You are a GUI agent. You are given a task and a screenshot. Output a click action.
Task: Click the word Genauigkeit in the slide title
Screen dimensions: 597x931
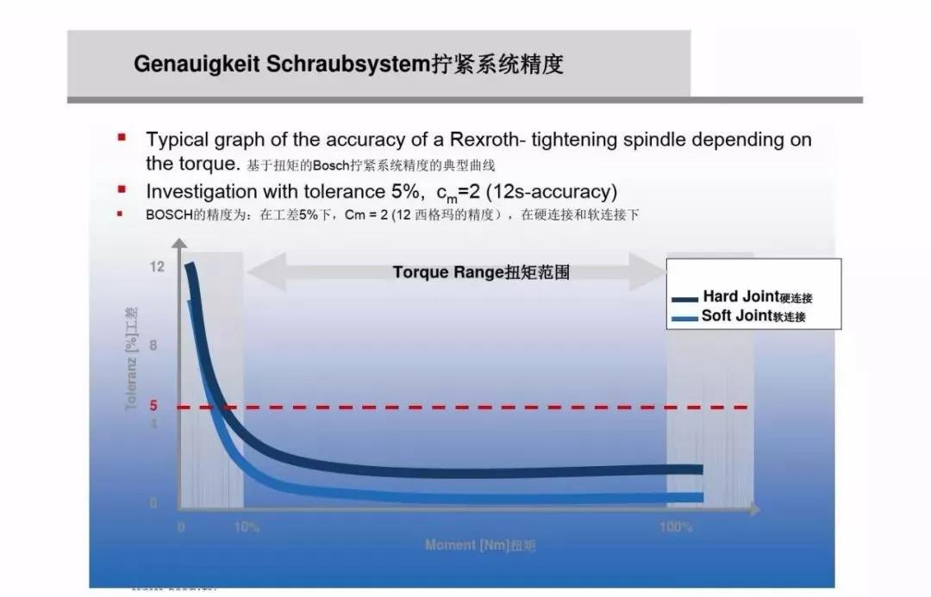click(x=197, y=65)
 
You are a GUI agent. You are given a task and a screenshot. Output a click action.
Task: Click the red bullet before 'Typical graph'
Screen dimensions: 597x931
click(x=122, y=137)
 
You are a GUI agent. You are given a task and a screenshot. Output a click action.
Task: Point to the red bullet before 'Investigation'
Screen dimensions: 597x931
click(x=122, y=189)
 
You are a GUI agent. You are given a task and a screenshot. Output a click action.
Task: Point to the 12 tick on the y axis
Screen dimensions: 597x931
click(x=156, y=267)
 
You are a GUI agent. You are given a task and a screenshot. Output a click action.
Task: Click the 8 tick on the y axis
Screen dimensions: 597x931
click(x=153, y=346)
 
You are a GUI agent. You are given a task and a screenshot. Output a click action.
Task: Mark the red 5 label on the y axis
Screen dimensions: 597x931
click(x=153, y=406)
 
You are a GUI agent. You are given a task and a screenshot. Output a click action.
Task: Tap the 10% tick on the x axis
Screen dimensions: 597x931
click(x=247, y=527)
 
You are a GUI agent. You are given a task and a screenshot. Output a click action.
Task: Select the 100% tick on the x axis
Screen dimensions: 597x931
click(x=676, y=527)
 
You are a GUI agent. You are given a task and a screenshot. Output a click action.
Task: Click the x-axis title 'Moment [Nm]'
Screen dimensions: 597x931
click(x=466, y=545)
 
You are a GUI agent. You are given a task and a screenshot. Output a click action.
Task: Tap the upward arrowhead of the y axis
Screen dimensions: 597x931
click(x=179, y=244)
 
